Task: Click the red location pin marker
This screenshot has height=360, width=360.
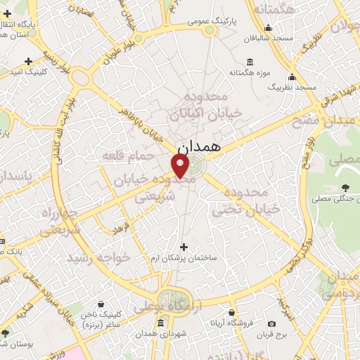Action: click(181, 167)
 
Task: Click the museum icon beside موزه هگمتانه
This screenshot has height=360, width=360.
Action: click(232, 72)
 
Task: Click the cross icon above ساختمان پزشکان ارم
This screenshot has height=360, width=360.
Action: click(184, 247)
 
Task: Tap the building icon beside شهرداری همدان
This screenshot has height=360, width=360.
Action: click(162, 323)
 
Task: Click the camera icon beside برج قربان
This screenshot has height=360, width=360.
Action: click(272, 323)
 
